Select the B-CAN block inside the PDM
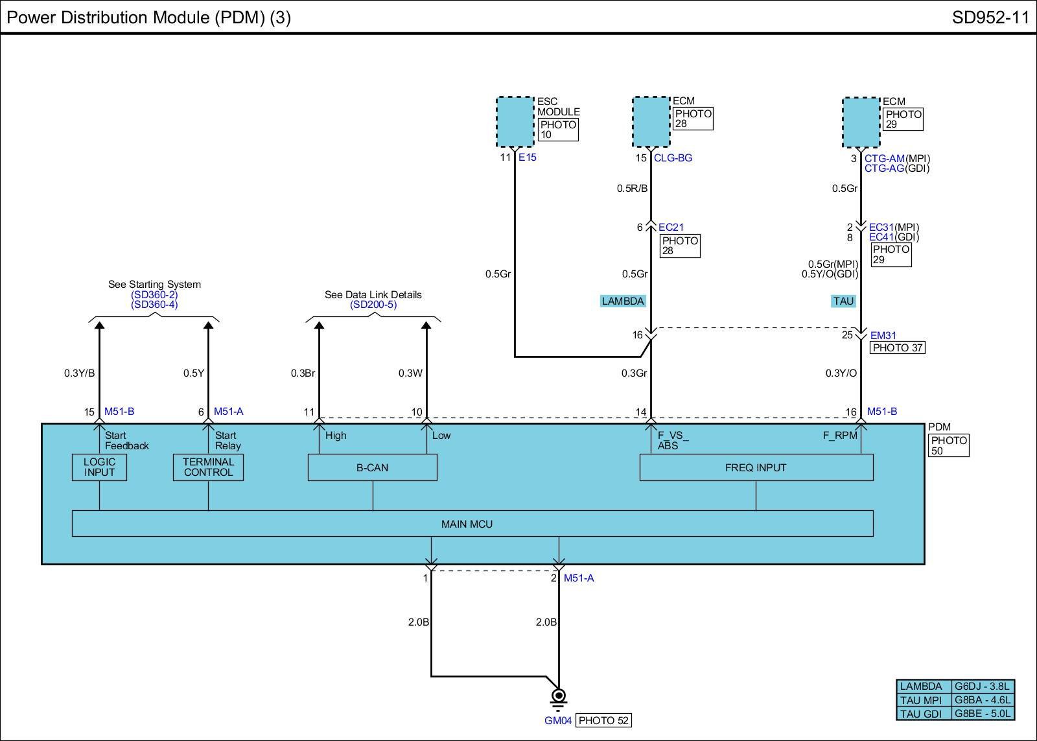tap(372, 467)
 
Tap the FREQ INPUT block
tap(756, 467)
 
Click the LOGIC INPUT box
tap(99, 467)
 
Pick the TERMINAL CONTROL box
tap(208, 467)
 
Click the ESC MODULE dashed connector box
tap(515, 122)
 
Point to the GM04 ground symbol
tap(558, 697)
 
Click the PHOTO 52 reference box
tap(603, 720)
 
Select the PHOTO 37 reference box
tap(897, 347)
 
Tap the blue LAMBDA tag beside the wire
tap(623, 301)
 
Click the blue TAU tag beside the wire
tap(843, 301)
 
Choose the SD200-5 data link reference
tap(373, 305)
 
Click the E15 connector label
tap(528, 158)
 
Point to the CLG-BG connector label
tap(673, 158)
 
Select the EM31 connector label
tap(883, 336)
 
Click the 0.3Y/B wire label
tap(79, 373)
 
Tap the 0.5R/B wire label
tap(632, 189)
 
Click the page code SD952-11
tap(990, 18)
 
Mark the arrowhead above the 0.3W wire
tap(426, 326)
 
